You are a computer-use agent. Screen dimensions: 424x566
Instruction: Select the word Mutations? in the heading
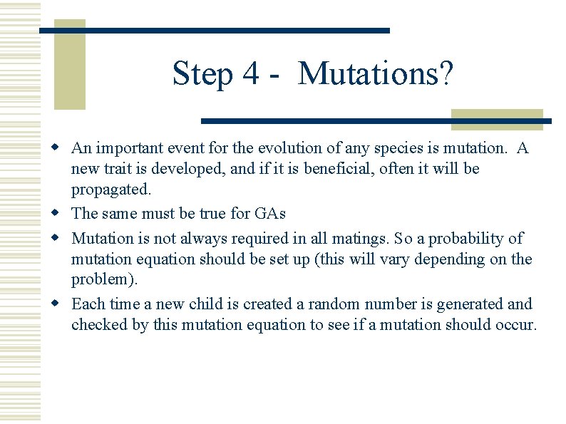pos(375,74)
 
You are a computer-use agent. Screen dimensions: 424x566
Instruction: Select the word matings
pos(371,238)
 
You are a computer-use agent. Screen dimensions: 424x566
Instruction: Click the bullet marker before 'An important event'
pos(62,148)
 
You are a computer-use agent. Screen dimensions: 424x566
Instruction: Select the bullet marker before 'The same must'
pos(62,213)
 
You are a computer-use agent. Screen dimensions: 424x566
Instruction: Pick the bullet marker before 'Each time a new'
pos(62,304)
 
